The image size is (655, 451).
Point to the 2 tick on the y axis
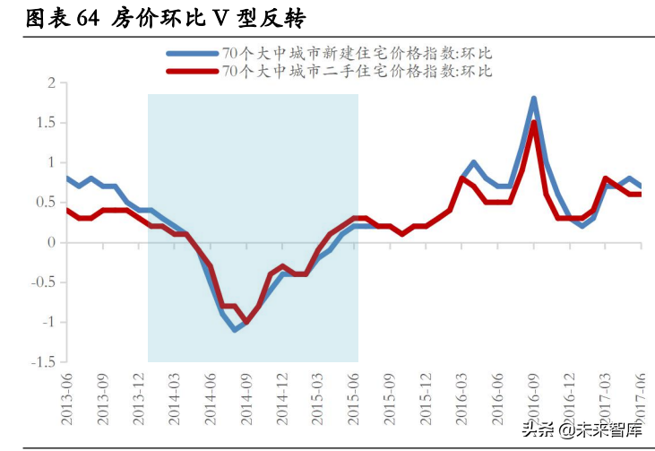pyautogui.click(x=51, y=83)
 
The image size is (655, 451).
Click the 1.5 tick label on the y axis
pyautogui.click(x=46, y=123)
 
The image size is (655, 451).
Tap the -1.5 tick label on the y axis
pyautogui.click(x=42, y=362)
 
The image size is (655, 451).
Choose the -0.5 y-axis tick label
pyautogui.click(x=42, y=282)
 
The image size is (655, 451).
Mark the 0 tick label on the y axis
pyautogui.click(x=51, y=242)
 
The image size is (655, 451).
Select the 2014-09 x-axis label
pyautogui.click(x=246, y=394)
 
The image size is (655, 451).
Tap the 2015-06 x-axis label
pyautogui.click(x=354, y=394)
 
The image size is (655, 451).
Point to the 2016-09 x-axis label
pyautogui.click(x=533, y=394)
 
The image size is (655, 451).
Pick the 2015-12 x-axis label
pyautogui.click(x=426, y=394)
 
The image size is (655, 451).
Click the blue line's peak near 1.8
pyautogui.click(x=533, y=99)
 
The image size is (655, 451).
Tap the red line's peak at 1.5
pyautogui.click(x=534, y=123)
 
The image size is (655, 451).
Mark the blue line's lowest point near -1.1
pyautogui.click(x=235, y=329)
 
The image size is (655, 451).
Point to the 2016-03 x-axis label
pyautogui.click(x=461, y=394)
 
